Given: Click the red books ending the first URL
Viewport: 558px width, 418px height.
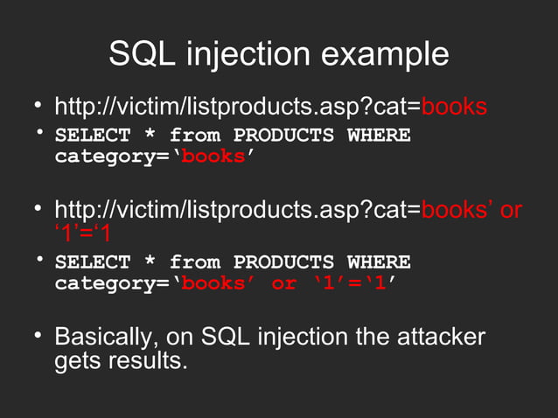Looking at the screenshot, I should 454,108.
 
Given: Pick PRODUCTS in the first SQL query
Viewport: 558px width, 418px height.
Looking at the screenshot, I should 284,136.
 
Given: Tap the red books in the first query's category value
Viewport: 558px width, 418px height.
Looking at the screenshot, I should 213,158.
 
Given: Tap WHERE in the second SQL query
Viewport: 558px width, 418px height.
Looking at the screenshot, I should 379,262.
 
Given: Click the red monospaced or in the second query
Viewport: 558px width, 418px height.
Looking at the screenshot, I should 284,284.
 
